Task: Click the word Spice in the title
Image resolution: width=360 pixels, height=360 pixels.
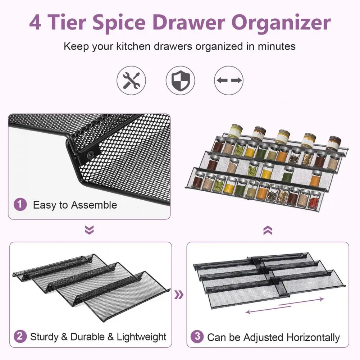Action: pyautogui.click(x=119, y=23)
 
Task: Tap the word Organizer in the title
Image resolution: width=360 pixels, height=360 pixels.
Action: pyautogui.click(x=281, y=23)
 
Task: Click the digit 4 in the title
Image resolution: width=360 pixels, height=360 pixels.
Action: pyautogui.click(x=35, y=22)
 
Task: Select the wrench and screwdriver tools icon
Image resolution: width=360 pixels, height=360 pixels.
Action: pyautogui.click(x=131, y=80)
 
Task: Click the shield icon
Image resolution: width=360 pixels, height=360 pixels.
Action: pyautogui.click(x=181, y=80)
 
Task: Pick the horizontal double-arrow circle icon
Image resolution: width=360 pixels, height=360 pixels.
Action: pyautogui.click(x=229, y=80)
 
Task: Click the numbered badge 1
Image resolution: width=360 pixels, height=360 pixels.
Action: pyautogui.click(x=20, y=204)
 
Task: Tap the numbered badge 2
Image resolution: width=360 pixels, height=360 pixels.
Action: pyautogui.click(x=20, y=336)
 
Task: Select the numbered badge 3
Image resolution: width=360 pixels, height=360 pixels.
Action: pyautogui.click(x=197, y=337)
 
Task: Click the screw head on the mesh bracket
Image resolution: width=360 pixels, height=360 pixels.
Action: pyautogui.click(x=90, y=155)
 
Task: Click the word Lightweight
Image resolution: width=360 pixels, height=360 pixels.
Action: pyautogui.click(x=141, y=337)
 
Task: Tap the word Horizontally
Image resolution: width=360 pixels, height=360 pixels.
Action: pyautogui.click(x=313, y=337)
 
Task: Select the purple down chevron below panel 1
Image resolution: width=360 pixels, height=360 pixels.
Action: pyautogui.click(x=89, y=230)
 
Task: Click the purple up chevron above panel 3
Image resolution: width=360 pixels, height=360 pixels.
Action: pyautogui.click(x=268, y=230)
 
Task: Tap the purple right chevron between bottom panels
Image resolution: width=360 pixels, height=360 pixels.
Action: pyautogui.click(x=179, y=295)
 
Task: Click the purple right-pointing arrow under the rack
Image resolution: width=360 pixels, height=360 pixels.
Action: pyautogui.click(x=301, y=301)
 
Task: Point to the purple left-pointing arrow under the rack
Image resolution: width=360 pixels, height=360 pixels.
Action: pyautogui.click(x=268, y=309)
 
